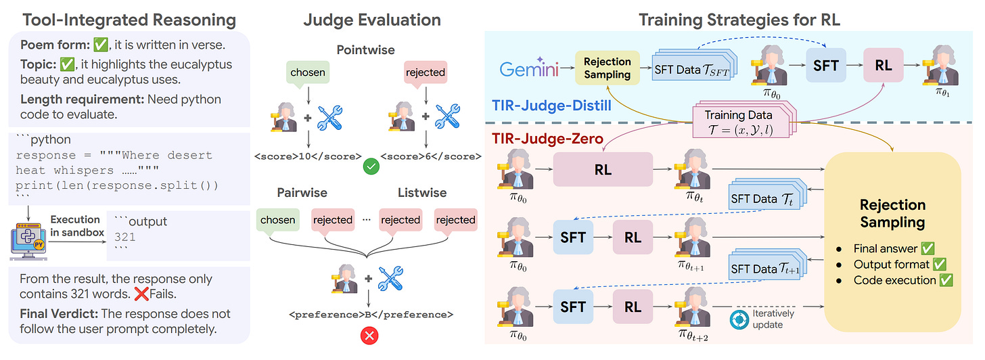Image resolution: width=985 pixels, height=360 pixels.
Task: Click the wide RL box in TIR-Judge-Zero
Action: coord(602,169)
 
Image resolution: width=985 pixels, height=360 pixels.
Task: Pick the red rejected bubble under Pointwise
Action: coord(424,72)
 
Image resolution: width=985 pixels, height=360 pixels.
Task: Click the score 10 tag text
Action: coord(306,156)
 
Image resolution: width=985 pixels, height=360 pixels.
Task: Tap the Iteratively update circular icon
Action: coord(741,319)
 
